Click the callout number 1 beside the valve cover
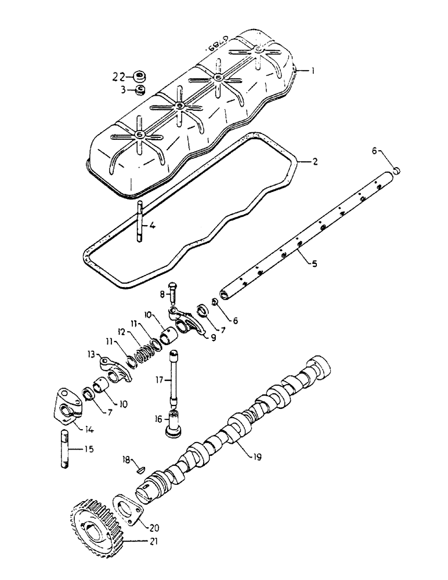point(312,71)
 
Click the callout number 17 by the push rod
point(158,380)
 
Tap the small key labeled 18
point(139,466)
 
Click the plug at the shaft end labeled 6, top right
point(398,169)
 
